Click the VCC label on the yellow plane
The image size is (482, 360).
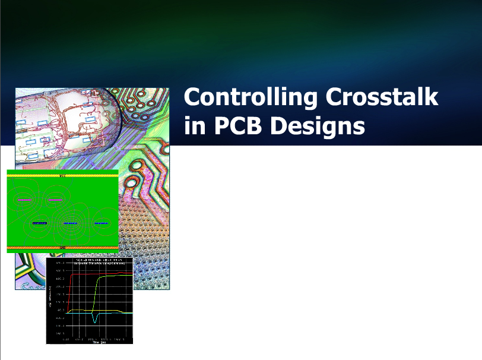(x=63, y=176)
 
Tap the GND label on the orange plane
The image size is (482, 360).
(x=63, y=247)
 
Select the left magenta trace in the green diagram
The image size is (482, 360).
(x=24, y=200)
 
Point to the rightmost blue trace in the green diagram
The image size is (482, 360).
(x=103, y=223)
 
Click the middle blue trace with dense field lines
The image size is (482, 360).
(x=71, y=223)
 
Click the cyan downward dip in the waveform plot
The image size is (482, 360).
(x=95, y=319)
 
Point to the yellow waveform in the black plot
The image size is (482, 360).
(x=113, y=311)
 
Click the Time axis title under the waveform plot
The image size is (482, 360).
(x=95, y=342)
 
